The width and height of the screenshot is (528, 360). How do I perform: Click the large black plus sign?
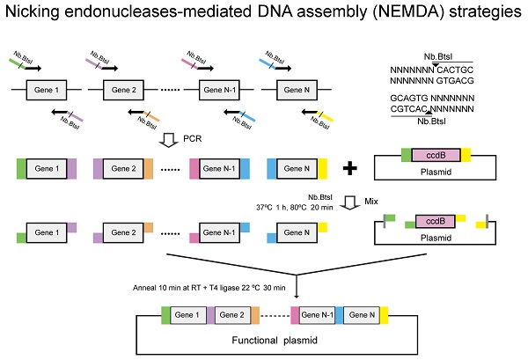pos(350,168)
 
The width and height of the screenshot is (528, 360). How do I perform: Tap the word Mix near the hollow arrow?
pos(373,200)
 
